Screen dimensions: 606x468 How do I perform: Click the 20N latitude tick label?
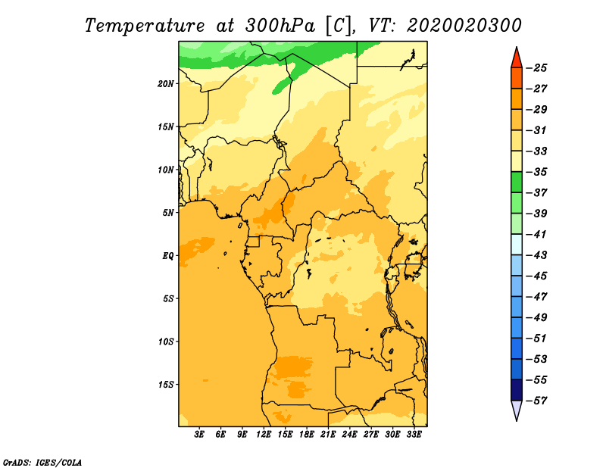(165, 84)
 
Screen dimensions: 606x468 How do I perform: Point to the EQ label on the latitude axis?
(168, 256)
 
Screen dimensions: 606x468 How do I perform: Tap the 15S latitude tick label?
(166, 385)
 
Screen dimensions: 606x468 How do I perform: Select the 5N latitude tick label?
(168, 213)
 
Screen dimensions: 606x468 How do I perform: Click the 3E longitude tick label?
(199, 435)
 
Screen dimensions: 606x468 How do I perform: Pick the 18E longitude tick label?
(307, 435)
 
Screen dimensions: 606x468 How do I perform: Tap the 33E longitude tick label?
(414, 435)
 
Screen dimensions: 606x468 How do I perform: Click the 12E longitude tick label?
(264, 435)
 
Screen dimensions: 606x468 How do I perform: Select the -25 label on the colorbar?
(536, 68)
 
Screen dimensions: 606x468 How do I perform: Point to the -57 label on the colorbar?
(536, 401)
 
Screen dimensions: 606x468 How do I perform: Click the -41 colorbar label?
(536, 235)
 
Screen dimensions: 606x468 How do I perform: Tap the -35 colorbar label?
(536, 172)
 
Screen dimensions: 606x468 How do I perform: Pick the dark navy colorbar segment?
(517, 390)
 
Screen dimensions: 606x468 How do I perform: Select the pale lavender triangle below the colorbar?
(517, 409)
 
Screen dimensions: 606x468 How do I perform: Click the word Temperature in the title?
(145, 26)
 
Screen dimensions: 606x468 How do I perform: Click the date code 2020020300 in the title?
(464, 26)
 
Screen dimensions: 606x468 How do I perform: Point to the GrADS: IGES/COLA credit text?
(42, 463)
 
